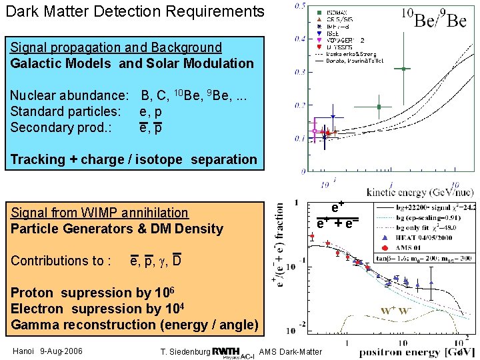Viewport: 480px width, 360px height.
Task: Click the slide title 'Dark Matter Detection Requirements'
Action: pos(135,11)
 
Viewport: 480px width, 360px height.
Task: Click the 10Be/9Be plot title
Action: pos(433,18)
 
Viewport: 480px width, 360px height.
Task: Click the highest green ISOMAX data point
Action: pos(404,68)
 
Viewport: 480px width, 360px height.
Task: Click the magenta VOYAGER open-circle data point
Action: pos(315,131)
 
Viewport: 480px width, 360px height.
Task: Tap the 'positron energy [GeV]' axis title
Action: pos(417,351)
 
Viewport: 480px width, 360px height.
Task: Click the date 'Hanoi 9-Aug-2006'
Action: pos(47,351)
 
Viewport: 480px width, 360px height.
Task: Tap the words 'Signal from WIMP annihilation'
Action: pos(99,213)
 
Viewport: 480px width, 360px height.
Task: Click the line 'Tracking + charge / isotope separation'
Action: pos(133,159)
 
